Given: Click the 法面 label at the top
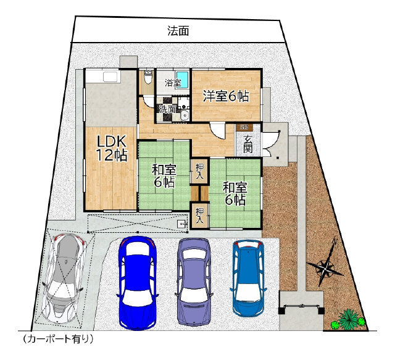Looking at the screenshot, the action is (x=178, y=31).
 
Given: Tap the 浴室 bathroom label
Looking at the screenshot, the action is (x=173, y=83).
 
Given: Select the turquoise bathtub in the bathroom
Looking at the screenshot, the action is (x=183, y=79).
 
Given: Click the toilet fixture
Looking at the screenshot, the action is (x=148, y=77).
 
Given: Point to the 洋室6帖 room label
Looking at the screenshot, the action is (x=226, y=96).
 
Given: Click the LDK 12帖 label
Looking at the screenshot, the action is (x=112, y=149).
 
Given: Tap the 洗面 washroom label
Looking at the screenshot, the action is (x=167, y=109).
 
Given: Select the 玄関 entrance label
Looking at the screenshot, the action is (x=248, y=144).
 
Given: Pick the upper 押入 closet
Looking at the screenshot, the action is (x=199, y=171).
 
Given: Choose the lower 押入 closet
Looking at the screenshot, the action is (x=200, y=215).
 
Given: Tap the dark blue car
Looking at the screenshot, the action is (x=137, y=283).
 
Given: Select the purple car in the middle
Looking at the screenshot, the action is (x=194, y=282).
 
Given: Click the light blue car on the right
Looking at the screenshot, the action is (x=248, y=278).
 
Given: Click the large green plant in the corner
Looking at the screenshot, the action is (x=348, y=319).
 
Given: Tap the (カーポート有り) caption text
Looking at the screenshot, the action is (x=58, y=339).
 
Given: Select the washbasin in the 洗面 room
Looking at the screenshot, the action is (x=185, y=115).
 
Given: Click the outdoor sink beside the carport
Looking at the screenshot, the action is (x=182, y=224).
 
